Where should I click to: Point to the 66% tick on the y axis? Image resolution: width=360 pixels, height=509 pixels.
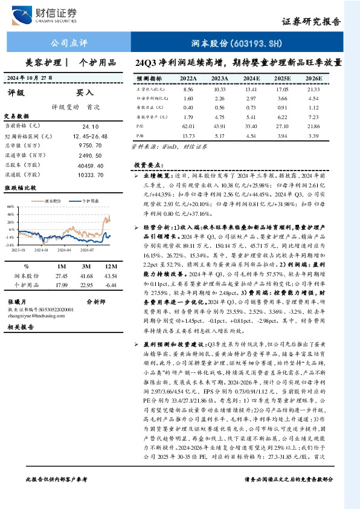(x=11, y=206)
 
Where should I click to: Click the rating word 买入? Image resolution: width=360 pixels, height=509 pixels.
(x=85, y=93)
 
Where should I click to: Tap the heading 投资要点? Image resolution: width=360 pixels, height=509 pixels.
(x=148, y=164)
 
